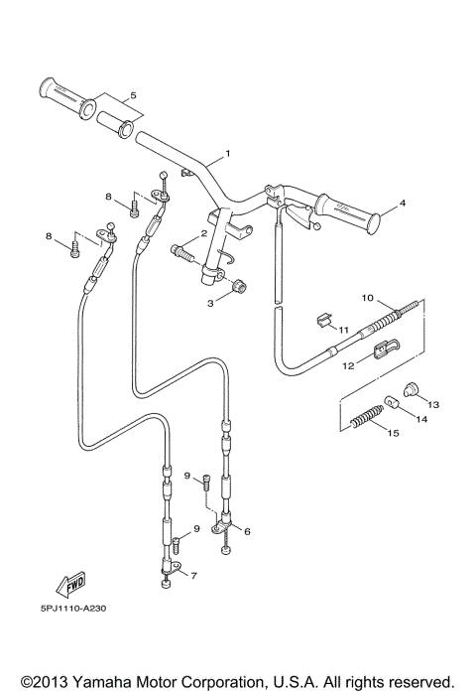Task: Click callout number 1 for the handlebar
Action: click(x=227, y=154)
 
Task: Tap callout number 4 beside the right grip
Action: click(x=403, y=205)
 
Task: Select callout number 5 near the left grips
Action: click(x=134, y=96)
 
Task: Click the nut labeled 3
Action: click(x=238, y=289)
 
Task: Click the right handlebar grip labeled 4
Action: click(x=347, y=212)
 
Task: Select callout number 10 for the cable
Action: click(x=366, y=297)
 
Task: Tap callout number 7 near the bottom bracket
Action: click(x=192, y=576)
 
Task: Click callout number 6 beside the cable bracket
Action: click(x=247, y=531)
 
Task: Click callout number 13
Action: click(x=432, y=404)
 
